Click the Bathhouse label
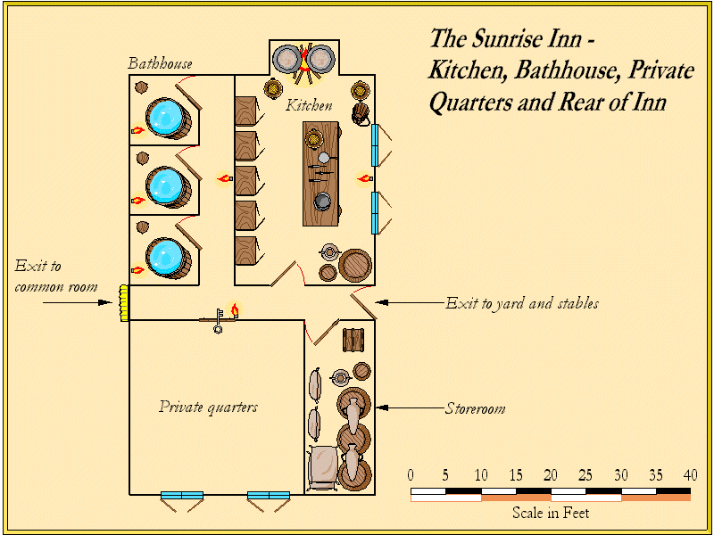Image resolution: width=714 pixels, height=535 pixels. [160, 64]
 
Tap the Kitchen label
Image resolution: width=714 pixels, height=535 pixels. [309, 105]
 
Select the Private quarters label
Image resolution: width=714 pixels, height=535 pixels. [208, 407]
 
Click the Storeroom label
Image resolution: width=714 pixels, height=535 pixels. [475, 409]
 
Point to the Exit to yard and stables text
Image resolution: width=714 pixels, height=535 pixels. [522, 303]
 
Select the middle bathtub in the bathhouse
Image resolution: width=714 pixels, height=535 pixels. [166, 186]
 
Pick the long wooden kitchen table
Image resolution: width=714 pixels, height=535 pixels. [322, 175]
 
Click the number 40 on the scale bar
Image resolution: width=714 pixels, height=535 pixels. [690, 474]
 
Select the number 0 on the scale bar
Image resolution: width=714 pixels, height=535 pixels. [411, 474]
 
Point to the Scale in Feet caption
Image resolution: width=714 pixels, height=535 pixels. [550, 513]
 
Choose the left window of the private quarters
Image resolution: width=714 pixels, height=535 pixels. [181, 495]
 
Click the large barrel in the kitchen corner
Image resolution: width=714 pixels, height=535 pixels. [355, 266]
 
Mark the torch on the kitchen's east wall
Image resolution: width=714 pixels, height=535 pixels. [363, 179]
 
